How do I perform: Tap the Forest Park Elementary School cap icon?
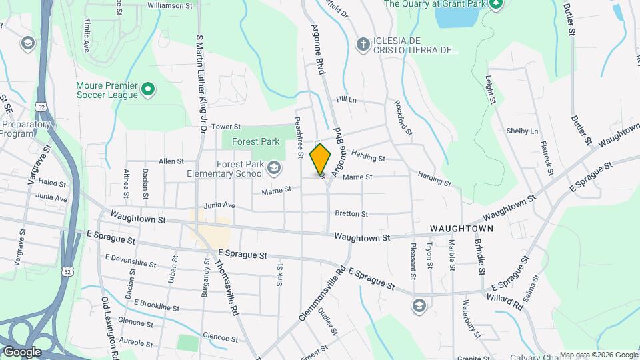pos(273,167)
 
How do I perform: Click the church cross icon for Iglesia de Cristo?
pos(363,43)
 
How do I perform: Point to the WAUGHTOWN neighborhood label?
pos(461,228)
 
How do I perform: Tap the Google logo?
pos(22,351)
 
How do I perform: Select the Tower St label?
pos(225,126)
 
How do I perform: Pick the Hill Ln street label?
pos(347,99)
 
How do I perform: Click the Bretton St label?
pos(351,214)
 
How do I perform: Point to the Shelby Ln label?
pos(522,131)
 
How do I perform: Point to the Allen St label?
pos(171,161)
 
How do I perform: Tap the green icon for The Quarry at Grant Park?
pos(495,4)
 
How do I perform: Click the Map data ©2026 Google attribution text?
pos(598,355)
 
